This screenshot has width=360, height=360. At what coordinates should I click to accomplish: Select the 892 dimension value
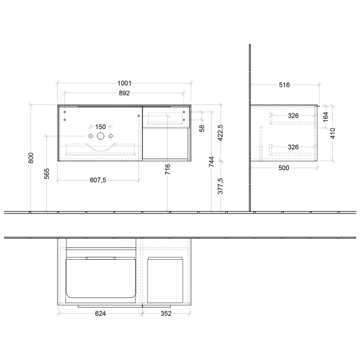pyautogui.click(x=124, y=93)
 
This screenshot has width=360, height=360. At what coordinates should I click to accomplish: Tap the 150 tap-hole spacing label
pyautogui.click(x=100, y=127)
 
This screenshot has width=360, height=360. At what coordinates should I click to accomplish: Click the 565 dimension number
pyautogui.click(x=47, y=174)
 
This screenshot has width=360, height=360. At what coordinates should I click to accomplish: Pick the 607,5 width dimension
pyautogui.click(x=98, y=180)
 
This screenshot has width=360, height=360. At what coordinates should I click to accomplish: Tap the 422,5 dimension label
pyautogui.click(x=221, y=133)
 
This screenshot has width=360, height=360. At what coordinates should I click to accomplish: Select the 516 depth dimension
pyautogui.click(x=284, y=85)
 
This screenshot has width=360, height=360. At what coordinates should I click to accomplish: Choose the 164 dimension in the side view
pyautogui.click(x=325, y=117)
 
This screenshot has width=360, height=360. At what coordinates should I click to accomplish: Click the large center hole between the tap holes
pyautogui.click(x=100, y=136)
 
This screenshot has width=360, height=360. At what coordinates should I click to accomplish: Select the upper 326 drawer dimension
pyautogui.click(x=293, y=116)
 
